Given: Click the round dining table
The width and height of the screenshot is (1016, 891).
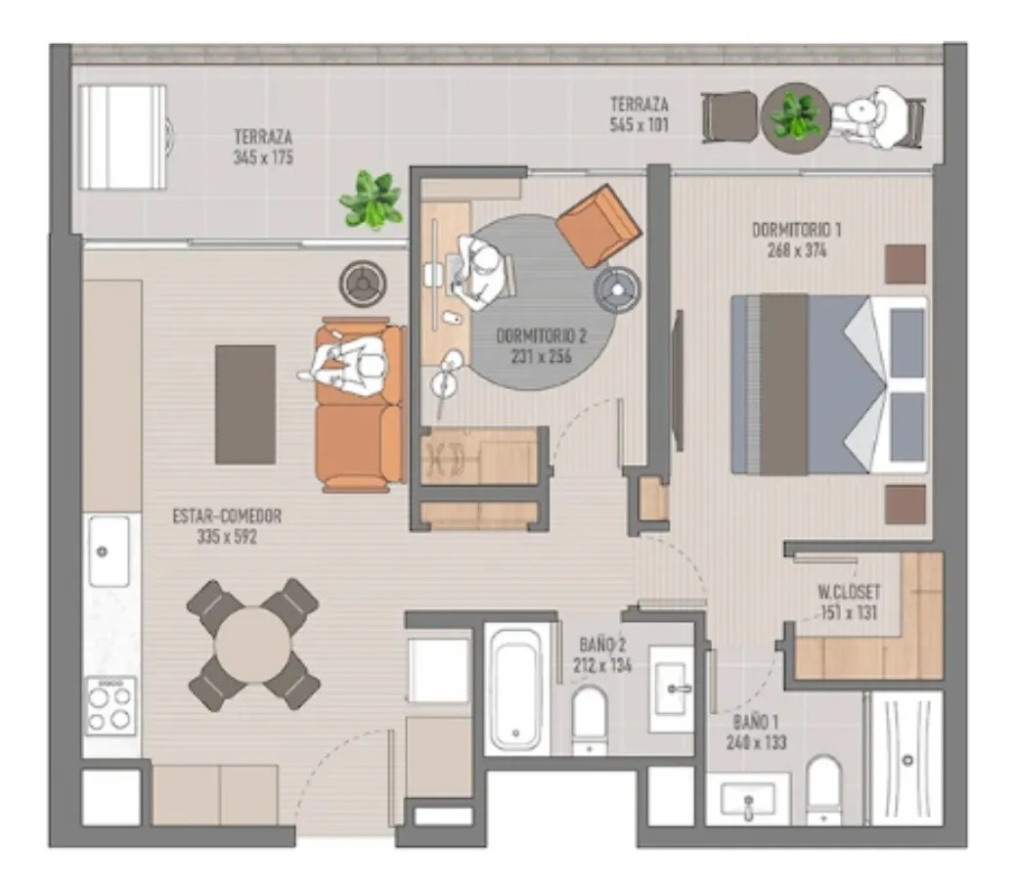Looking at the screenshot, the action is (252, 645).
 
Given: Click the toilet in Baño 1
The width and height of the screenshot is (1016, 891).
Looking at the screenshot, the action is (824, 790).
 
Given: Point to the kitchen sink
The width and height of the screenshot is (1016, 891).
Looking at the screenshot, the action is (109, 552).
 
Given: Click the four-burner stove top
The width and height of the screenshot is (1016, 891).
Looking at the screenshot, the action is (110, 706).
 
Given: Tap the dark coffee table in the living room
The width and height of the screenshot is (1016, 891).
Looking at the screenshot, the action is (245, 404).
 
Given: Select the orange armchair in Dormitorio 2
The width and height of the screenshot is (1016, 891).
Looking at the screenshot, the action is (598, 226).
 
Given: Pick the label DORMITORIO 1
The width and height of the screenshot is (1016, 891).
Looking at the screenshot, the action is (796, 230).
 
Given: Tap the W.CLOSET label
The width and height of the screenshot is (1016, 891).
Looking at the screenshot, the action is (849, 592).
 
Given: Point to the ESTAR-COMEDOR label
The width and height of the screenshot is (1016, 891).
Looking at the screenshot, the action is (227, 516).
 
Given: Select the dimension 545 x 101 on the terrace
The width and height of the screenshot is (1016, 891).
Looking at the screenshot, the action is (639, 124).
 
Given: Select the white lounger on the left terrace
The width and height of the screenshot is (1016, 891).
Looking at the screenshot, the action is (123, 137).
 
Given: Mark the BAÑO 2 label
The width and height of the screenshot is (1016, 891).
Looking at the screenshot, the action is (602, 645).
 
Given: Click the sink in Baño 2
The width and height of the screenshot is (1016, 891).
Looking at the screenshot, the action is (672, 689).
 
